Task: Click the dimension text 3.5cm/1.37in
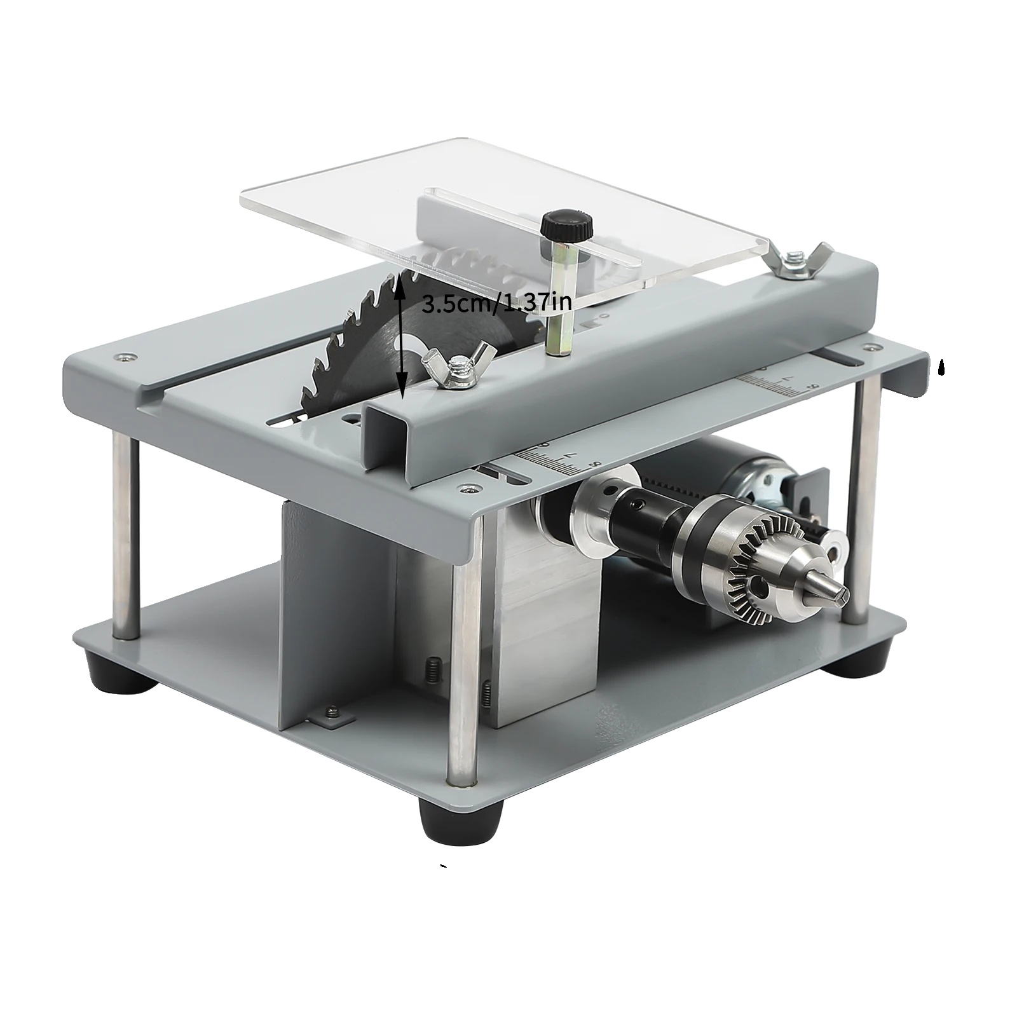496,303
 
